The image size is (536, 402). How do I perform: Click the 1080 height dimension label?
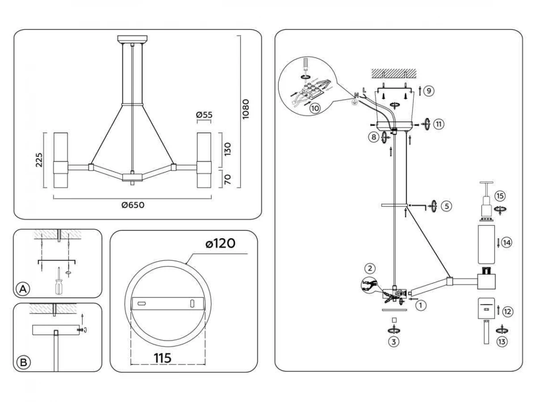[x=245, y=109]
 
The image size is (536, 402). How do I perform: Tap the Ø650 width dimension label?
[x=133, y=205]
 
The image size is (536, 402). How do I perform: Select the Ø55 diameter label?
[x=204, y=115]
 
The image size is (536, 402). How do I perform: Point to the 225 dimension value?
[x=39, y=160]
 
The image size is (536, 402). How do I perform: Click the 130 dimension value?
[x=227, y=149]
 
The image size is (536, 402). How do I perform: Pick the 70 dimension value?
[x=227, y=180]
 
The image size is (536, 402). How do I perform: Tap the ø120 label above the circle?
[x=220, y=243]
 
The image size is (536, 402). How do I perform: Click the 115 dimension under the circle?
[x=163, y=358]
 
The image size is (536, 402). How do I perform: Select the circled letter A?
[x=23, y=289]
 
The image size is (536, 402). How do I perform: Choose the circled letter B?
[x=23, y=362]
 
